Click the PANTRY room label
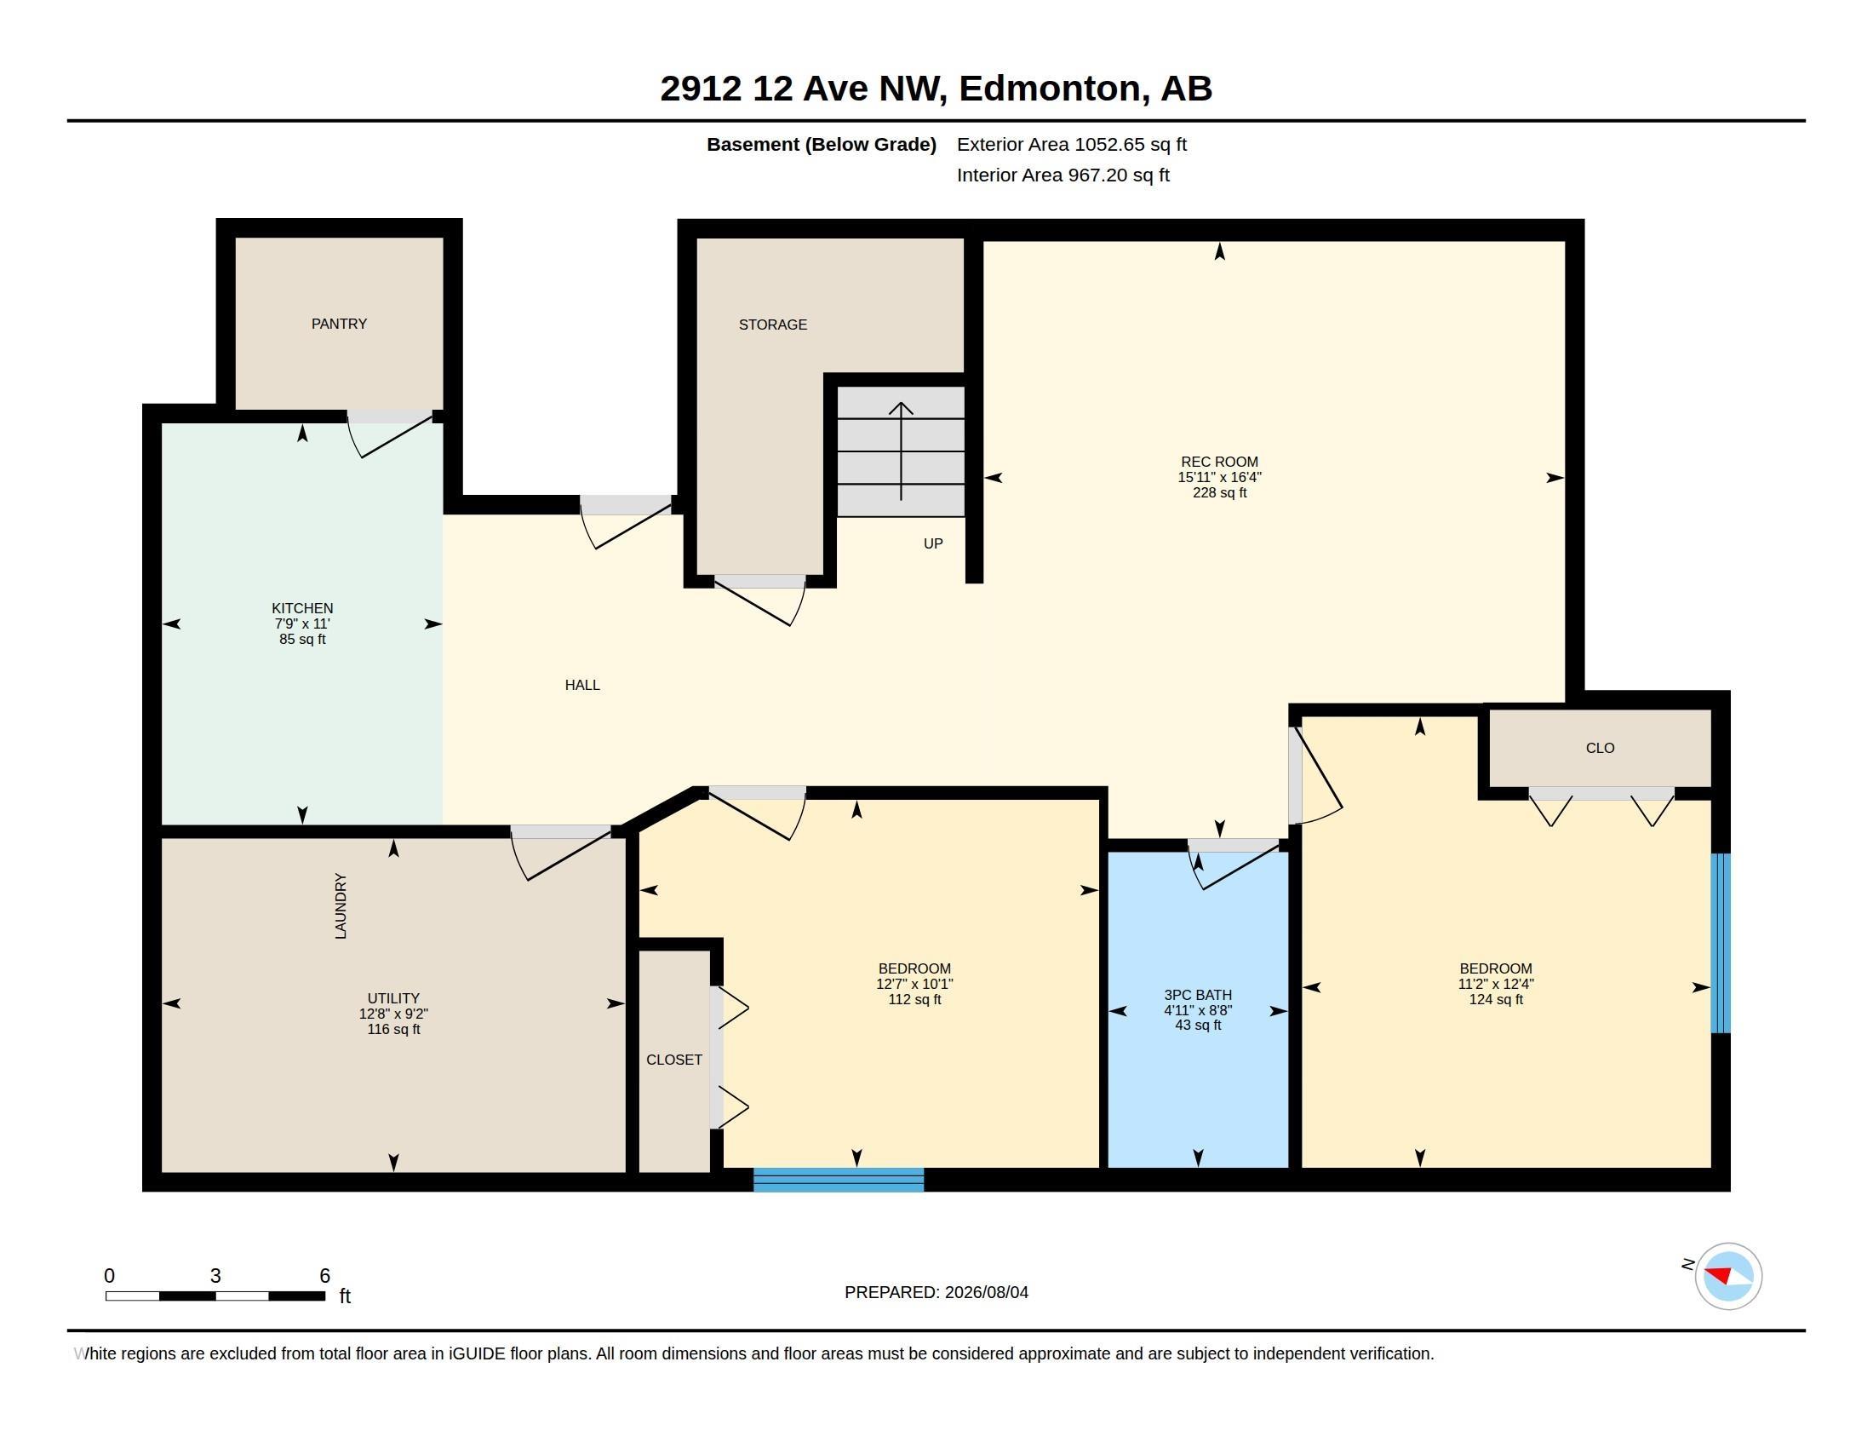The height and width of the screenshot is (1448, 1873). pyautogui.click(x=339, y=324)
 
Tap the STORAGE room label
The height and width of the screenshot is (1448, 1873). pyautogui.click(x=773, y=325)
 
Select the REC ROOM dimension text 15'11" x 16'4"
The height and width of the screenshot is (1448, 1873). pyautogui.click(x=1219, y=477)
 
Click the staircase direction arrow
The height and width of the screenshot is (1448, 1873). pyautogui.click(x=901, y=451)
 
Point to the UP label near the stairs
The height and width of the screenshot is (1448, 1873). pyautogui.click(x=933, y=543)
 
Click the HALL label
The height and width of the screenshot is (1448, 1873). pyautogui.click(x=582, y=685)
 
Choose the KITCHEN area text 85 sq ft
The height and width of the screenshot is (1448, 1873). pyautogui.click(x=302, y=639)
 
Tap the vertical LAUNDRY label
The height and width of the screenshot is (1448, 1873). pyautogui.click(x=341, y=906)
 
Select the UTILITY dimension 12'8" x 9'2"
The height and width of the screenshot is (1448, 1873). pyautogui.click(x=393, y=1013)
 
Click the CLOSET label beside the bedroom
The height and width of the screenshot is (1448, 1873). pyautogui.click(x=674, y=1060)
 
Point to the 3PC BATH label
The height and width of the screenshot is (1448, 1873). pyautogui.click(x=1198, y=994)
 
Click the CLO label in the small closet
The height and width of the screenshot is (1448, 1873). pyautogui.click(x=1601, y=748)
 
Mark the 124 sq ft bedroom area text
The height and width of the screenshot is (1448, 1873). pyautogui.click(x=1496, y=999)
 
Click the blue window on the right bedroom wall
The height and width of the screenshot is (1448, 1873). pyautogui.click(x=1721, y=944)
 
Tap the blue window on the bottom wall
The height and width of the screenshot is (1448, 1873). pyautogui.click(x=839, y=1180)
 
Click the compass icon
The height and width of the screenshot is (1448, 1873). pyautogui.click(x=1728, y=1276)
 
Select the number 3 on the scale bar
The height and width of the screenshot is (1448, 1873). pyautogui.click(x=215, y=1276)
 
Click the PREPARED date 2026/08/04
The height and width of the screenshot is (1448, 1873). pyautogui.click(x=986, y=1292)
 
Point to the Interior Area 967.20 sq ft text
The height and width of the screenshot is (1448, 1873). pyautogui.click(x=1063, y=175)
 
